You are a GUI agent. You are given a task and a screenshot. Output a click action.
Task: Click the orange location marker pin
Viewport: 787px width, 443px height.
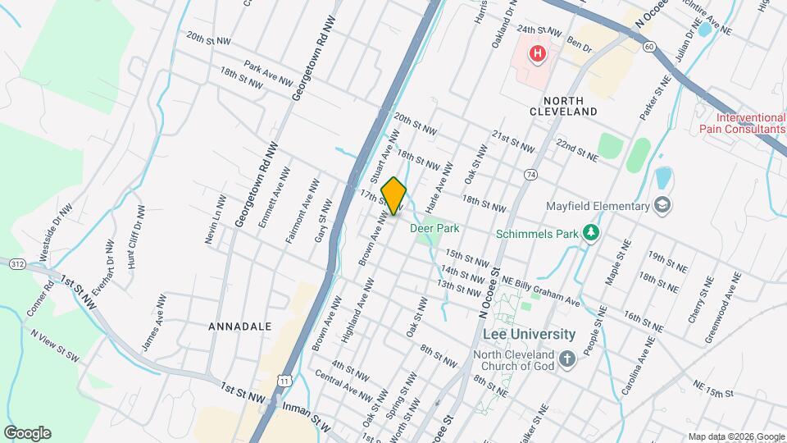(x=393, y=196)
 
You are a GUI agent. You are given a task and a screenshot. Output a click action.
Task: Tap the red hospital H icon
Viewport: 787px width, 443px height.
(x=537, y=55)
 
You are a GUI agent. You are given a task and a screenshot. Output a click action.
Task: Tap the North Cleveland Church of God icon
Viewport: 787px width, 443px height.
(x=566, y=360)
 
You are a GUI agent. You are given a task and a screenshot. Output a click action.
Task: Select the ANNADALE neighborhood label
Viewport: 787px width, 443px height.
(x=240, y=327)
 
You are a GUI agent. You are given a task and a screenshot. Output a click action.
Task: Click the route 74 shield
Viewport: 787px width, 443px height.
(x=531, y=175)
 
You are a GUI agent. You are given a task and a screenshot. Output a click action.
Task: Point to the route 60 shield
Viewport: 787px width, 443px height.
(x=648, y=46)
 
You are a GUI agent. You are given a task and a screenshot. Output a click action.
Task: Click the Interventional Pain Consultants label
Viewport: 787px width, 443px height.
(x=742, y=122)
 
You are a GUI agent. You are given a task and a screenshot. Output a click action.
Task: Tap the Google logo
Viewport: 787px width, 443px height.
(x=27, y=433)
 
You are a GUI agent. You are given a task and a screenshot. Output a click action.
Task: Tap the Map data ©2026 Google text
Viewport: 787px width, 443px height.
(x=735, y=436)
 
